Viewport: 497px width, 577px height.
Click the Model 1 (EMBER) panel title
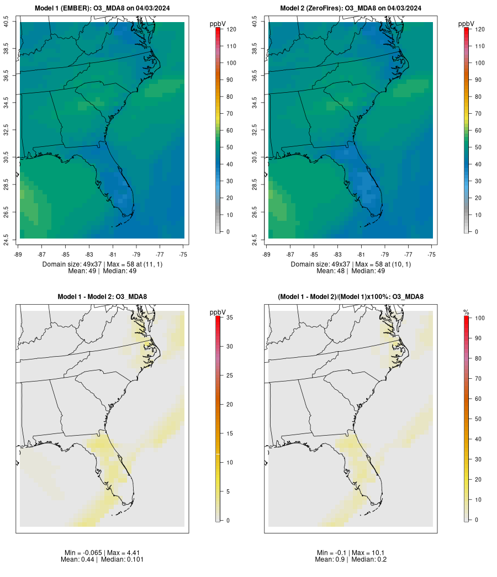pos(102,8)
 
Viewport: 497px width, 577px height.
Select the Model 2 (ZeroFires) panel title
pos(351,8)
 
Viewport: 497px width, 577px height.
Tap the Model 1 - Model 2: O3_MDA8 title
pos(102,297)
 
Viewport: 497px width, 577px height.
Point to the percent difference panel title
pos(351,297)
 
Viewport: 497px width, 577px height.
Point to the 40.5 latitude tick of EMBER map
pos(6,23)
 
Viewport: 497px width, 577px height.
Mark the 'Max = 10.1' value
pos(369,553)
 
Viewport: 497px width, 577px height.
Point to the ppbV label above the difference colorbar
pos(218,313)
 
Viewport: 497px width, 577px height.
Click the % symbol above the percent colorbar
pos(466,313)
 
